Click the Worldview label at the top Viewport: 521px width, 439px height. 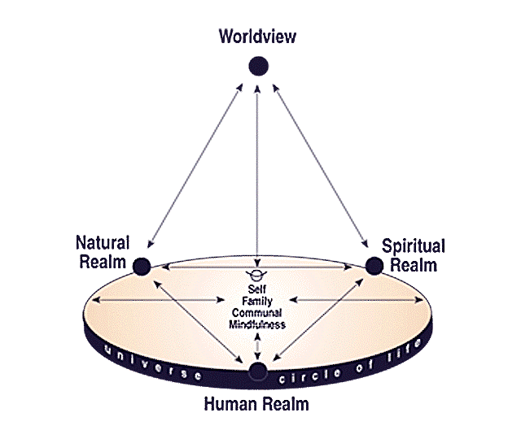coord(258,37)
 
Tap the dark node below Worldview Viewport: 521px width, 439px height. coord(258,66)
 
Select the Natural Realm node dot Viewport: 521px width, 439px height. coord(142,265)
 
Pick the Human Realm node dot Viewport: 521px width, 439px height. coord(258,373)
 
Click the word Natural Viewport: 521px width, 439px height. coord(103,243)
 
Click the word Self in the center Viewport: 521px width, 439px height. coord(257,289)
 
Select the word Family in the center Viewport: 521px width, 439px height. coord(257,301)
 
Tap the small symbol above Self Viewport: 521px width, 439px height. coord(257,274)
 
